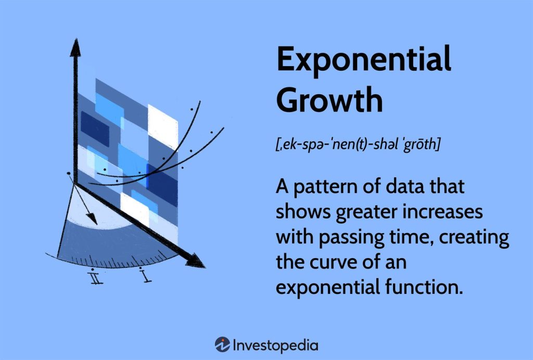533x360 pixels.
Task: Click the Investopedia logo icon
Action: tap(222, 344)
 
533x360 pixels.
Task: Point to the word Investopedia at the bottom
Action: tap(275, 345)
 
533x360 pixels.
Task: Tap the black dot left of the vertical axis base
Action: tap(69, 173)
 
